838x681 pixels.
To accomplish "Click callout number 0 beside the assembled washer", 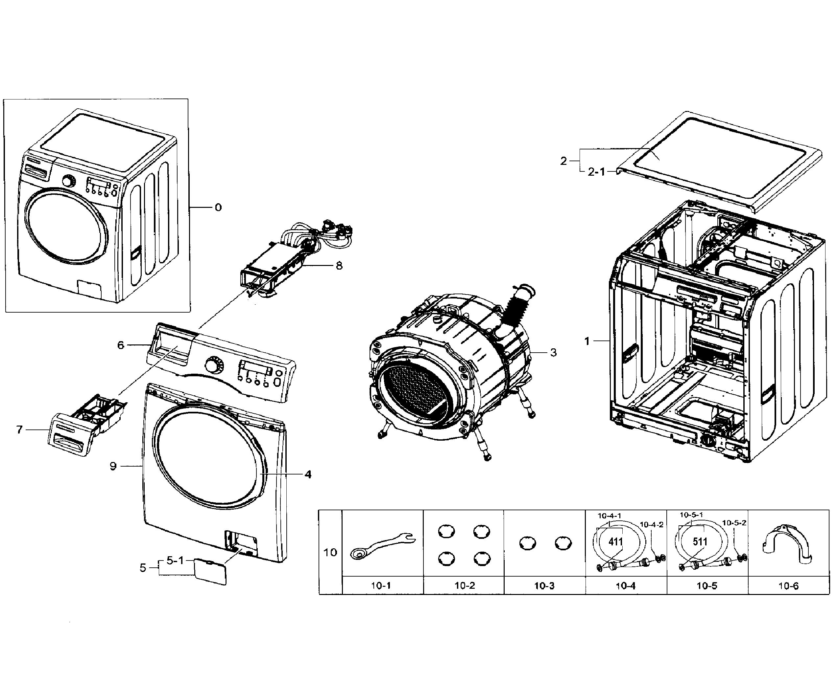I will (218, 207).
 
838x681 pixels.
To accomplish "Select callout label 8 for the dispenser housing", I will (339, 266).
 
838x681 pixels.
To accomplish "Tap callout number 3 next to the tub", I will (553, 352).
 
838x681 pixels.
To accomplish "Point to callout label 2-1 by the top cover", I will (596, 172).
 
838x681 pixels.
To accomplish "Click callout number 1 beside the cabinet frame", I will (587, 341).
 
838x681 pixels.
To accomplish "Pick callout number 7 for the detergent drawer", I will (20, 429).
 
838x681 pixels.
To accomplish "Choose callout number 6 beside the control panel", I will (121, 345).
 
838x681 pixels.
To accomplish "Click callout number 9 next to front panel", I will (113, 466).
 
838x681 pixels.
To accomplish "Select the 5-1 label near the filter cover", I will (175, 560).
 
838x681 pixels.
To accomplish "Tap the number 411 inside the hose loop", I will (615, 542).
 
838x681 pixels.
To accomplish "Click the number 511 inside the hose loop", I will (700, 542).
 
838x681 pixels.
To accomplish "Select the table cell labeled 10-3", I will (544, 586).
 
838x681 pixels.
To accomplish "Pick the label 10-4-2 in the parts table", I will (652, 524).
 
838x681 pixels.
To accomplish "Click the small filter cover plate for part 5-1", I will (210, 572).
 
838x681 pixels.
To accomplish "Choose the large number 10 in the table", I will (330, 552).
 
